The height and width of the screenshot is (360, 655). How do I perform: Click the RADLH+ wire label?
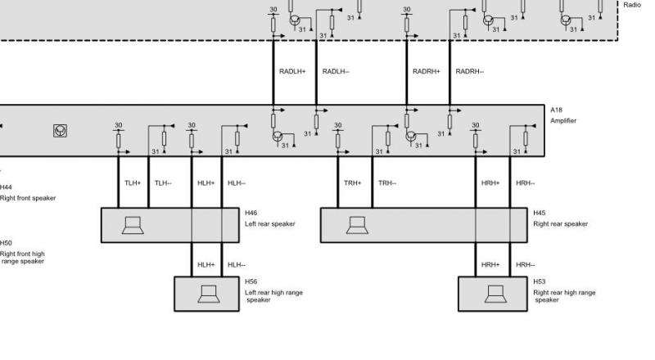(x=292, y=71)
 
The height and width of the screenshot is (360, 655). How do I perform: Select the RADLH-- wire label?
(x=336, y=71)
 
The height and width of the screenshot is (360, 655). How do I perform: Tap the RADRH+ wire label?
(x=427, y=71)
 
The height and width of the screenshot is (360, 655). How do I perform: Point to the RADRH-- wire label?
(x=469, y=71)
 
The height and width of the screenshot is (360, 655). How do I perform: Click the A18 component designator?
(x=556, y=110)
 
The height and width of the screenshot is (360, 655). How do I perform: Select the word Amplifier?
(x=563, y=121)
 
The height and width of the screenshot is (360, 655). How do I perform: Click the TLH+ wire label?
(x=133, y=183)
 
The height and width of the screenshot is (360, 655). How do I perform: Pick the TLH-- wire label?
(x=163, y=183)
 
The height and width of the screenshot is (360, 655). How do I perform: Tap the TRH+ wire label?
(x=353, y=183)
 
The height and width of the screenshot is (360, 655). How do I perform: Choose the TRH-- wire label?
(x=387, y=183)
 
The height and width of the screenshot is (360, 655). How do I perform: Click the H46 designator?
(x=251, y=213)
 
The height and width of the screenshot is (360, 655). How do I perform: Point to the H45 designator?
(x=540, y=213)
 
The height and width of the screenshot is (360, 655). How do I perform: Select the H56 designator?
(x=251, y=281)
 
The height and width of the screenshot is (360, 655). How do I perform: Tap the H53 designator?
(x=540, y=281)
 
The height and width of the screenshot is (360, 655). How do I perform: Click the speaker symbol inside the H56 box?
(x=209, y=294)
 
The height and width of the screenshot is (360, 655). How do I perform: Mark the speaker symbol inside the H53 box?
(x=495, y=294)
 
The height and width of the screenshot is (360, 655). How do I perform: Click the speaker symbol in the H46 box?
(x=133, y=226)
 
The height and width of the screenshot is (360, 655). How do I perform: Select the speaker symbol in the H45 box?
(x=357, y=226)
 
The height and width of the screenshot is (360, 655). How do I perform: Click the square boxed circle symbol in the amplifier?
(x=60, y=131)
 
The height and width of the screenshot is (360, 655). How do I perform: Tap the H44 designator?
(x=6, y=187)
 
